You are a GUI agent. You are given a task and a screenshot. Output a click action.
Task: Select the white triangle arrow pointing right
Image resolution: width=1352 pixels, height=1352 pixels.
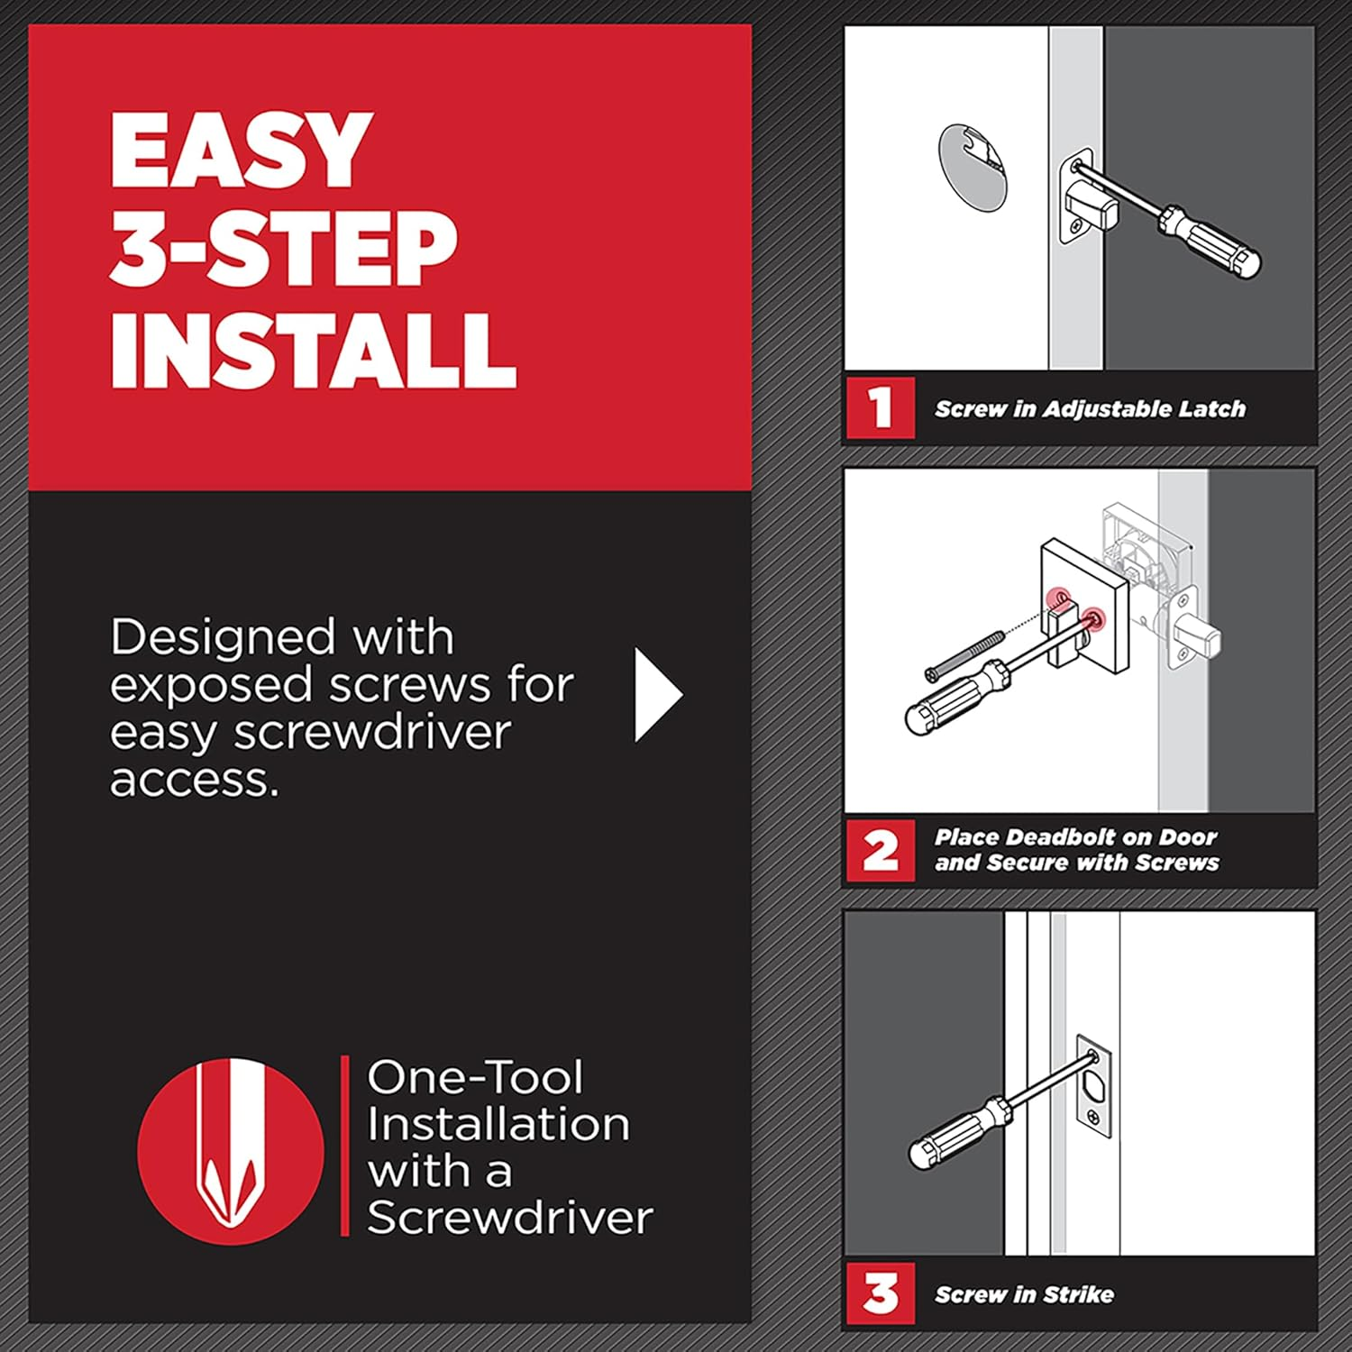657,695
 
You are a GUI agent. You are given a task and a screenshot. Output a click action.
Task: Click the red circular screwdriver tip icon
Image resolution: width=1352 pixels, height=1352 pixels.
231,1151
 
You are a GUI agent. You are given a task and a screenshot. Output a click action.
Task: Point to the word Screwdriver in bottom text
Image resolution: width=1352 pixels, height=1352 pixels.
509,1218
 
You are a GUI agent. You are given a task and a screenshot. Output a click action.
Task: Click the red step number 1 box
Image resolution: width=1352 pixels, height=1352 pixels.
880,407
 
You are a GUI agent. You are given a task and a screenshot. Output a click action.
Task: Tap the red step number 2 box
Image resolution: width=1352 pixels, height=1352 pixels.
880,850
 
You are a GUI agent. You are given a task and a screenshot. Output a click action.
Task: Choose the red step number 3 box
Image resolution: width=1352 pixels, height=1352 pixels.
880,1293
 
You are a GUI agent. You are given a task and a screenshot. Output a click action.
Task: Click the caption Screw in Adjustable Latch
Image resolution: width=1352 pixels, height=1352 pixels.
1089,409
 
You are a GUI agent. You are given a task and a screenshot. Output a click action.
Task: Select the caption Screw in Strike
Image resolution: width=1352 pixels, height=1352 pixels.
1024,1294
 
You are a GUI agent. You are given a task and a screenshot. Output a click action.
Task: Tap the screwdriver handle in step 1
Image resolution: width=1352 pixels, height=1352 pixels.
1213,241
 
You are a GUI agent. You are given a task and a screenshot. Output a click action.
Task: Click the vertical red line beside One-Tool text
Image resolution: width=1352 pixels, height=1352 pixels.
345,1146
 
